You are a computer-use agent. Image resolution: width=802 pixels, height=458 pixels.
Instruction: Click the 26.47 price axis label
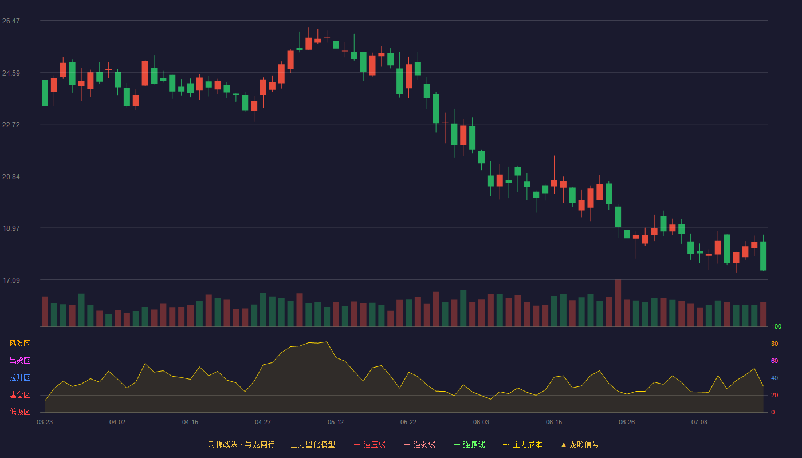click(x=11, y=21)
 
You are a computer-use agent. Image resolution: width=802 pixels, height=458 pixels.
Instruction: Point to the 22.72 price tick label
click(x=11, y=125)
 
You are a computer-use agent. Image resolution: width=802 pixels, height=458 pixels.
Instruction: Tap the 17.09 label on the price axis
click(x=11, y=281)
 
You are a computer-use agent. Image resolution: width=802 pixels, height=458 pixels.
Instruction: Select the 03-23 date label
click(x=45, y=423)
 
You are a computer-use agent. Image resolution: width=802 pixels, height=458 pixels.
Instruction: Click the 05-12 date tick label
click(x=336, y=423)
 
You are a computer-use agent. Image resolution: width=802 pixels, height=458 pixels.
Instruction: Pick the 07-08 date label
click(x=699, y=423)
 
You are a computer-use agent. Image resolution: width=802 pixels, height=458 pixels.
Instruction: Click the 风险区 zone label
click(x=19, y=343)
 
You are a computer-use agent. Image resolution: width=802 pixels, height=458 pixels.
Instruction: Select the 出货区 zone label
click(x=19, y=360)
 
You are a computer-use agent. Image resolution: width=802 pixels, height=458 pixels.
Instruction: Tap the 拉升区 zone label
click(x=19, y=377)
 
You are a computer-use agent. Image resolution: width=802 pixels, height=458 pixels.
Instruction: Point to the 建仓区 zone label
click(x=19, y=394)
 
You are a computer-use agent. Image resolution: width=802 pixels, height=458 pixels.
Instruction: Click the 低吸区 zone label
click(x=19, y=412)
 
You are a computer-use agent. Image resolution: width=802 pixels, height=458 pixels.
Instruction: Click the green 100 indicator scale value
click(x=776, y=326)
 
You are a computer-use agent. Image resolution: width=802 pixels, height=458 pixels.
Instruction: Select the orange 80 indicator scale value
click(x=775, y=343)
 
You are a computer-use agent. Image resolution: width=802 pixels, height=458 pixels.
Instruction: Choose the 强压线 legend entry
click(x=369, y=444)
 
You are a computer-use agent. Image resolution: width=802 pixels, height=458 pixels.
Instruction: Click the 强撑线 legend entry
click(x=469, y=444)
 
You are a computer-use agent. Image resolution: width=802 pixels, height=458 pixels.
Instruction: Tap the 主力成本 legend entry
click(x=522, y=444)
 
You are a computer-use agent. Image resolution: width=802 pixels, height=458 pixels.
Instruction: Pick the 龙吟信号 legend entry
click(x=580, y=444)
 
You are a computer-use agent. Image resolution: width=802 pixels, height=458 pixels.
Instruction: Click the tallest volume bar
click(x=618, y=303)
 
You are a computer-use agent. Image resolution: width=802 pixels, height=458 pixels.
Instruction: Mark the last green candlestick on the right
click(x=763, y=256)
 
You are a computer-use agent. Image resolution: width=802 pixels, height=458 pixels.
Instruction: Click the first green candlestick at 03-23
click(x=45, y=93)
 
